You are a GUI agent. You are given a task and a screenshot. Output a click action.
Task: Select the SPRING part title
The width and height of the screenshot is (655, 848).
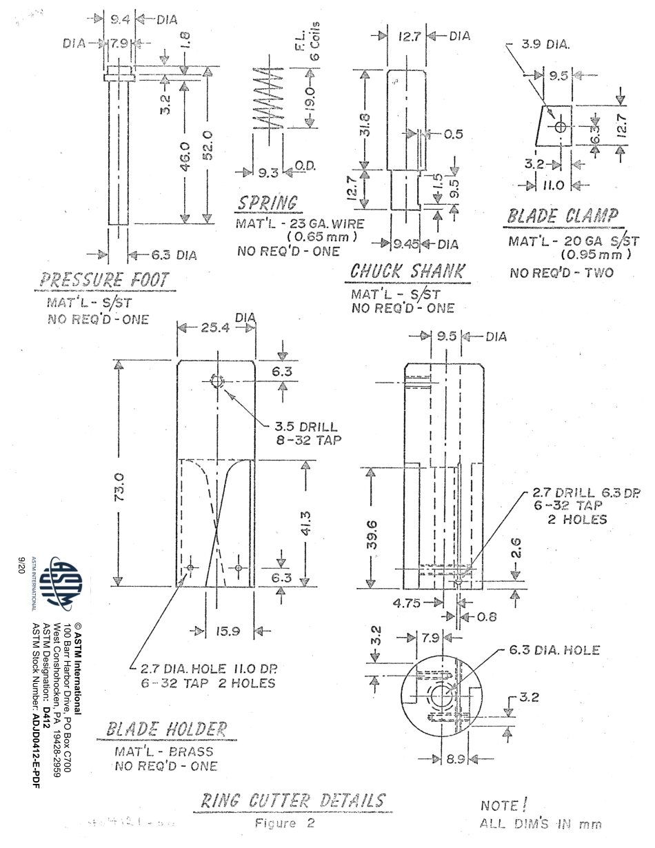click(x=268, y=203)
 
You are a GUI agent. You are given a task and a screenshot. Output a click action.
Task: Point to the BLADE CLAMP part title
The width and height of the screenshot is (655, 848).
click(x=562, y=215)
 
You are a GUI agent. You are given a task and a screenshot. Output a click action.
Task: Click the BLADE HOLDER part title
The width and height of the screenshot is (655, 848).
click(x=166, y=729)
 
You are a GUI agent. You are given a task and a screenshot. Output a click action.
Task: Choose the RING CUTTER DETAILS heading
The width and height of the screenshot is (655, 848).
click(x=292, y=801)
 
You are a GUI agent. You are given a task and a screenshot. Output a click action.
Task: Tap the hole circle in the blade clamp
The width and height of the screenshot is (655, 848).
click(x=560, y=128)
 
